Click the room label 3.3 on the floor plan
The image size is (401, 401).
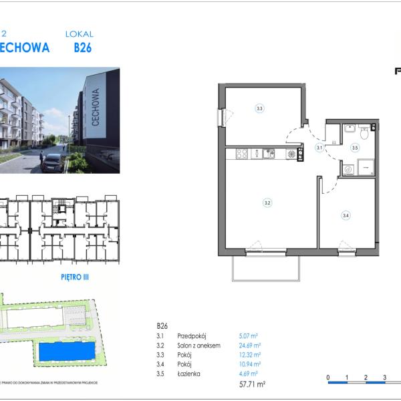point(259,108)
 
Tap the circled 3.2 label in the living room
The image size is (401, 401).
point(267,203)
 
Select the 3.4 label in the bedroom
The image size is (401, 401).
point(346,215)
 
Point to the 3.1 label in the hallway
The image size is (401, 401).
point(319,147)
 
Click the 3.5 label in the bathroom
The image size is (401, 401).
point(355,148)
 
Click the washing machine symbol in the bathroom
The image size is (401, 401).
point(348,170)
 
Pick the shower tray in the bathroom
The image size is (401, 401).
point(366,168)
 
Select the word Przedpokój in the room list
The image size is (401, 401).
point(190,336)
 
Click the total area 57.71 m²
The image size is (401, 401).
point(253,384)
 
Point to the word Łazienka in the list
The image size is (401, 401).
point(189,374)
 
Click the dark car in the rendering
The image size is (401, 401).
point(52,162)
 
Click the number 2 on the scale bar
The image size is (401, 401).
point(366,378)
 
